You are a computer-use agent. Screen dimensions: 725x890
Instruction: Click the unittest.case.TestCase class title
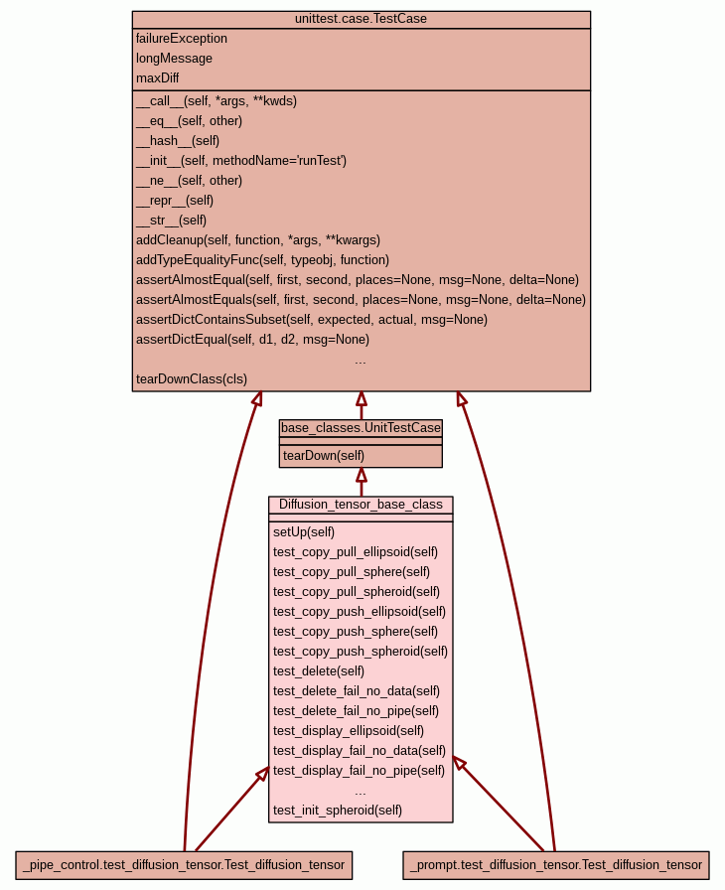pyautogui.click(x=361, y=19)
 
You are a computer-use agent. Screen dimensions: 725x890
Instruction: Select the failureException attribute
pyautogui.click(x=182, y=39)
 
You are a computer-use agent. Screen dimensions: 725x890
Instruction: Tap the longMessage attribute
pyautogui.click(x=174, y=59)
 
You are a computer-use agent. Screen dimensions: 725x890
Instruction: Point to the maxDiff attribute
pyautogui.click(x=158, y=78)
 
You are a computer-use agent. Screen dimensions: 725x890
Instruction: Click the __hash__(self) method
pyautogui.click(x=178, y=141)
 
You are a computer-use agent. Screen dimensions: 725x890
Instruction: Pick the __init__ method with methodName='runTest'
pyautogui.click(x=241, y=161)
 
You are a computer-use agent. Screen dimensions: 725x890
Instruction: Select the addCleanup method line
pyautogui.click(x=258, y=240)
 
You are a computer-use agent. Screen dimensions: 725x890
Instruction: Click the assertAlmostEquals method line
pyautogui.click(x=361, y=300)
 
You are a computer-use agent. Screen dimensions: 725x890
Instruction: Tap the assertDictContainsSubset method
pyautogui.click(x=312, y=320)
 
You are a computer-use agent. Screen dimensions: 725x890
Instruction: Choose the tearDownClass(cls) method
pyautogui.click(x=192, y=379)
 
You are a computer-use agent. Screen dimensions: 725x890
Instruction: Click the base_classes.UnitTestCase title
pyautogui.click(x=361, y=428)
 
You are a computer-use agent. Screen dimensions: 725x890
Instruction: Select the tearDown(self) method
pyautogui.click(x=324, y=456)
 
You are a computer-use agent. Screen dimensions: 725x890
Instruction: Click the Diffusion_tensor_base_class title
pyautogui.click(x=361, y=505)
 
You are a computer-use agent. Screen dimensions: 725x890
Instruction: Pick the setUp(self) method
pyautogui.click(x=304, y=532)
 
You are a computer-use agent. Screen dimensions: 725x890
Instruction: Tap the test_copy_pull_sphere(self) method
pyautogui.click(x=352, y=572)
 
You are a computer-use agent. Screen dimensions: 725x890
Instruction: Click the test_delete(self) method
pyautogui.click(x=319, y=671)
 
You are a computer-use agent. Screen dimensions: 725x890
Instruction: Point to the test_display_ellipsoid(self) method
pyautogui.click(x=349, y=731)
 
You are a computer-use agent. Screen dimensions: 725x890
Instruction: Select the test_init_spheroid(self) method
pyautogui.click(x=338, y=811)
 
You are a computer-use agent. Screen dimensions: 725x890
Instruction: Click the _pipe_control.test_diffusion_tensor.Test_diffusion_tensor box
pyautogui.click(x=184, y=865)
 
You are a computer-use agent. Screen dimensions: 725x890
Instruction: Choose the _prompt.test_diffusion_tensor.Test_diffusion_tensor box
pyautogui.click(x=556, y=865)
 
